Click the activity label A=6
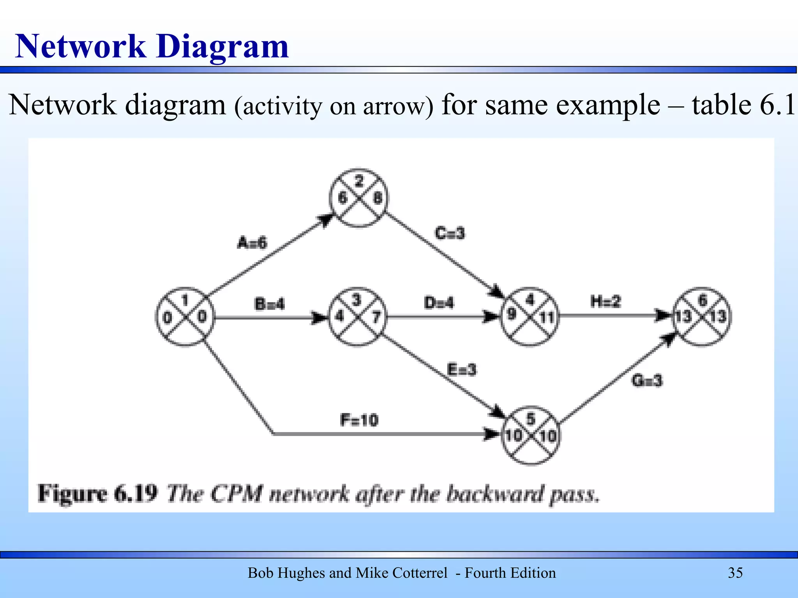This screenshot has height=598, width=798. coord(252,243)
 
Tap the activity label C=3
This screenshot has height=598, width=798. coord(450,233)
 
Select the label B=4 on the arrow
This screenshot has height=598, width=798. coord(269,304)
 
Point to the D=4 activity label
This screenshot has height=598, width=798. coord(439,303)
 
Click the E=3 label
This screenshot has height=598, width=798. coord(462,369)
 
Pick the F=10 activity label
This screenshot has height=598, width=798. coord(359,420)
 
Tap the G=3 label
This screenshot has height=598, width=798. coord(647,380)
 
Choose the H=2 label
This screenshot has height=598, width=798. coord(606,301)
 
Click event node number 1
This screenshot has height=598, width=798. coord(185,317)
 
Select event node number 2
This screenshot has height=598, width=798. coord(358,198)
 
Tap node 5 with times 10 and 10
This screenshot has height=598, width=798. coord(530,435)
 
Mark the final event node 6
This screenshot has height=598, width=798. coord(702,316)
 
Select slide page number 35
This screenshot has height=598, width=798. coord(735,573)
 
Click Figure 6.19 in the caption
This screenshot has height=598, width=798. coord(97,494)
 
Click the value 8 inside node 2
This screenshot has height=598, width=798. coord(377,198)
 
